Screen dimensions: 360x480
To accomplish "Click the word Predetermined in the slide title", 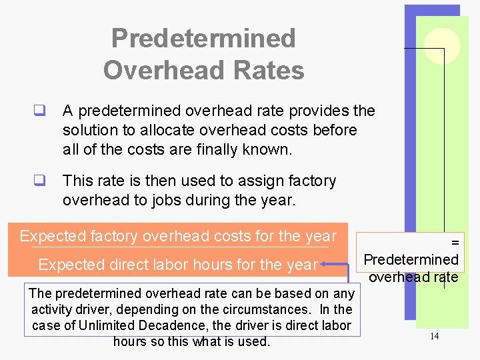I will (x=203, y=38).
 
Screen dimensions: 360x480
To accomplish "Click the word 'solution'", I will (x=90, y=130).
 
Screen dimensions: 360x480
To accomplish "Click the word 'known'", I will (x=269, y=149).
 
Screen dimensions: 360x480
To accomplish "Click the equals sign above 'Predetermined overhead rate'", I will (x=455, y=244).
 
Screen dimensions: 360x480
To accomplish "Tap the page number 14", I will (x=434, y=336).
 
